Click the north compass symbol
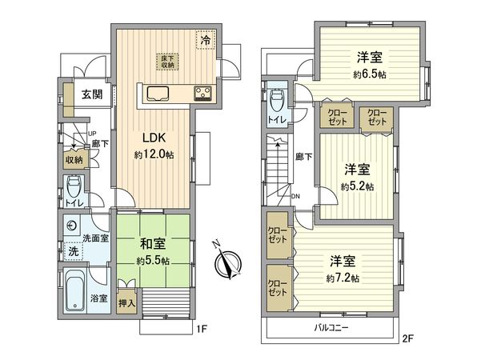coord(230,264)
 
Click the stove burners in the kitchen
coord(201,93)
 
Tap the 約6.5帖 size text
coord(367,72)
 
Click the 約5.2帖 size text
coord(356,186)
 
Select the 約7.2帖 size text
coord(343,277)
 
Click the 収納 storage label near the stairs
coord(74,159)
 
